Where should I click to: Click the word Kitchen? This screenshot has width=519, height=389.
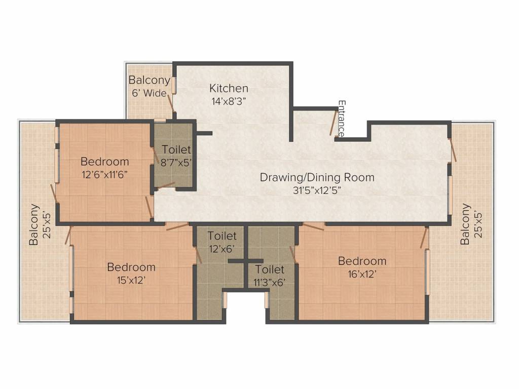229,89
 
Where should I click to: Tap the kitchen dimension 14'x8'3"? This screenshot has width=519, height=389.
229,100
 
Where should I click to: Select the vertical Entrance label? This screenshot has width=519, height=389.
342,119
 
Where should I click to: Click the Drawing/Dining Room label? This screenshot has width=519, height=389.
317,177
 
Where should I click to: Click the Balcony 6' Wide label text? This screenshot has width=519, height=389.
149,86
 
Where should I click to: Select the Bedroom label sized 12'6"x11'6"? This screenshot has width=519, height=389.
105,162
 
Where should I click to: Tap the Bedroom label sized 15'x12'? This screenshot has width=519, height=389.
131,267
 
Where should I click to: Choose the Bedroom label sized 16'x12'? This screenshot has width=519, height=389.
362,261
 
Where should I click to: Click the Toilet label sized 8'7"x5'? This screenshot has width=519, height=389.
176,149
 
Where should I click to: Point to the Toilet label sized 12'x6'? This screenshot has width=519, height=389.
221,236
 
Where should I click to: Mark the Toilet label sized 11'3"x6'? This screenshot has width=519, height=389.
269,269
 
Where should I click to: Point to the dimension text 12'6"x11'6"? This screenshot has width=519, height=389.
105,174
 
